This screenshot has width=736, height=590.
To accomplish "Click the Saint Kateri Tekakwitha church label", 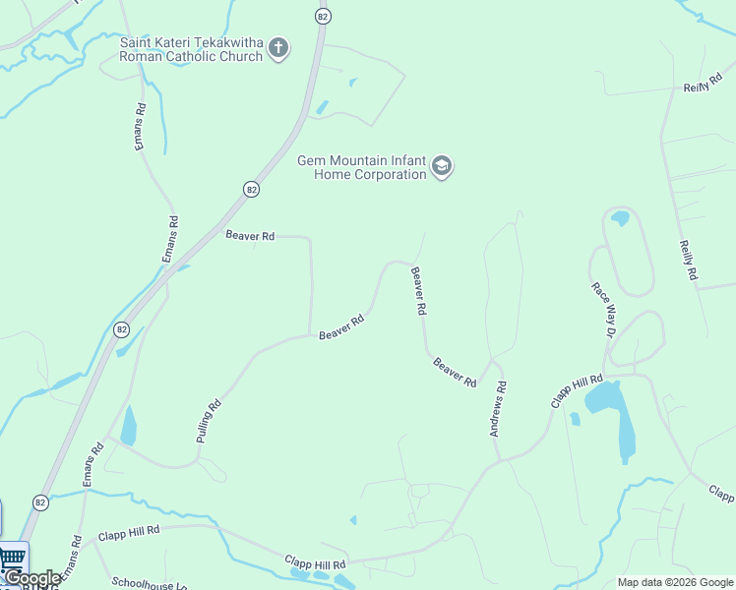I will tap(191, 49).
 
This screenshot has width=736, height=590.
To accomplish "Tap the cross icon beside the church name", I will tap(278, 47).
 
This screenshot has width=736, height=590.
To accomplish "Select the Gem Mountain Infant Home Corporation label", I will tap(362, 167).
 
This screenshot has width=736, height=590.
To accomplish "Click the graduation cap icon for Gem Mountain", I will tap(442, 167).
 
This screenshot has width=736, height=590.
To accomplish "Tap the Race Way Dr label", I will tap(602, 311).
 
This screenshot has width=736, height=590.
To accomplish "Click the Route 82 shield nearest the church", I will tap(323, 16).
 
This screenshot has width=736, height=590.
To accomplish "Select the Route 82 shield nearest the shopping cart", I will tap(40, 501).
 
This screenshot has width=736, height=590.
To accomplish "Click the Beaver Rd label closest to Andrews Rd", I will tap(456, 372).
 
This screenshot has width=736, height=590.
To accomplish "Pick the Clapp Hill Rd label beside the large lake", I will tap(576, 391).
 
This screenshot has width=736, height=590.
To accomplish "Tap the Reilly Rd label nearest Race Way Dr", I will tap(687, 261).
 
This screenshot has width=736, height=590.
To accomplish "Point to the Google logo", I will tap(32, 579).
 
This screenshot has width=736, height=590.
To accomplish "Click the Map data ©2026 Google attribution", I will tap(676, 582).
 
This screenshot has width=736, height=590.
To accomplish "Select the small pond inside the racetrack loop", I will tap(619, 218).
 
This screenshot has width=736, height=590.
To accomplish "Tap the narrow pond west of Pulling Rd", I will tap(128, 426).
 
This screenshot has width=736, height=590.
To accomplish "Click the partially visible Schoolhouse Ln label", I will tap(149, 583).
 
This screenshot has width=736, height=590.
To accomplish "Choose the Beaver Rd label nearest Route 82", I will tap(250, 235).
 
